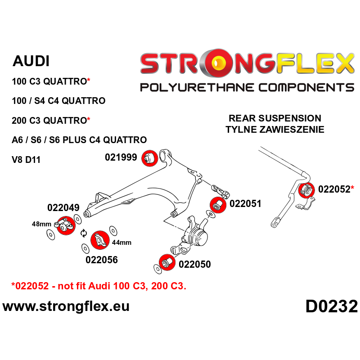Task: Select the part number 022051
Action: pyautogui.click(x=245, y=203)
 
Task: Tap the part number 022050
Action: pyautogui.click(x=194, y=264)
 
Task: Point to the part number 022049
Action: pyautogui.click(x=63, y=208)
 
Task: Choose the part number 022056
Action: pyautogui.click(x=101, y=260)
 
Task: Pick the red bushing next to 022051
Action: pyautogui.click(x=217, y=205)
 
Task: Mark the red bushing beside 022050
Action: pyautogui.click(x=167, y=262)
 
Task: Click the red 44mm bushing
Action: pyautogui.click(x=99, y=241)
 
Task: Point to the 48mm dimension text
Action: pyautogui.click(x=42, y=224)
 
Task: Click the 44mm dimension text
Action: pyautogui.click(x=122, y=243)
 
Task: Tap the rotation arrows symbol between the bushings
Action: pyautogui.click(x=83, y=233)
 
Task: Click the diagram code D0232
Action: pyautogui.click(x=331, y=307)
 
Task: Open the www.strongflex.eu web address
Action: pyautogui.click(x=66, y=307)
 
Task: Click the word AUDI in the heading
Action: pyautogui.click(x=31, y=61)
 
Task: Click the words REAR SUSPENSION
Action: pyautogui.click(x=275, y=118)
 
